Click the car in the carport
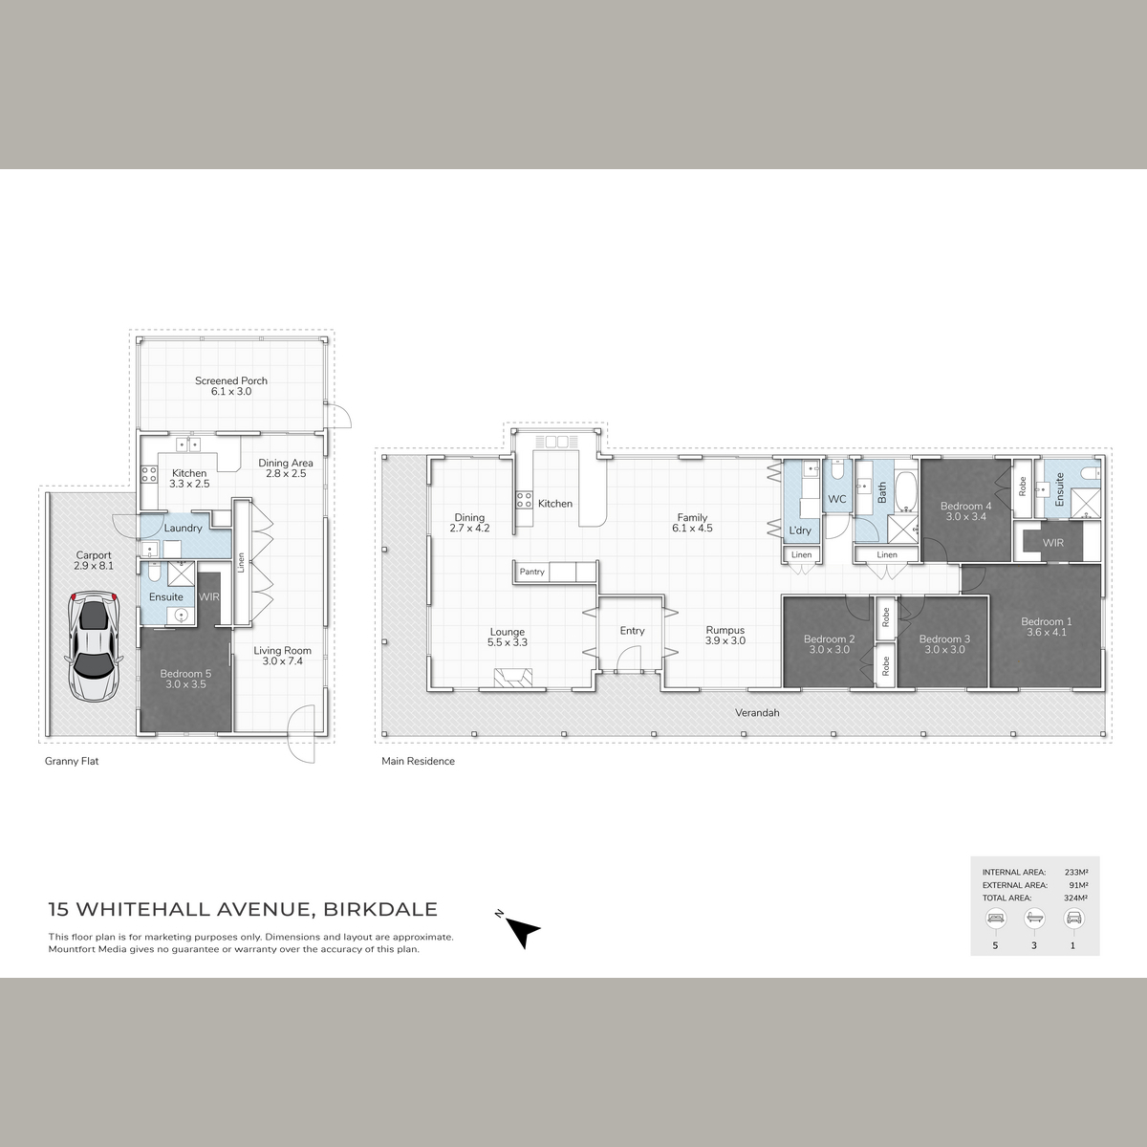click(94, 647)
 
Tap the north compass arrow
click(522, 932)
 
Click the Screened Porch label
click(231, 386)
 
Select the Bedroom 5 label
click(185, 679)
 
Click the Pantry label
click(531, 572)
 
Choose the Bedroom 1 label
click(1047, 627)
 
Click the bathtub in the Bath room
click(906, 493)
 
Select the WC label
click(837, 499)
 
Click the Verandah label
click(757, 712)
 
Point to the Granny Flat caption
click(72, 761)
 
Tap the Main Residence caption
click(418, 761)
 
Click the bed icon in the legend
click(995, 918)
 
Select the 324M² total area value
click(1075, 898)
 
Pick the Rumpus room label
click(725, 635)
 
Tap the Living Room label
click(282, 656)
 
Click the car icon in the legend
click(1073, 918)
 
